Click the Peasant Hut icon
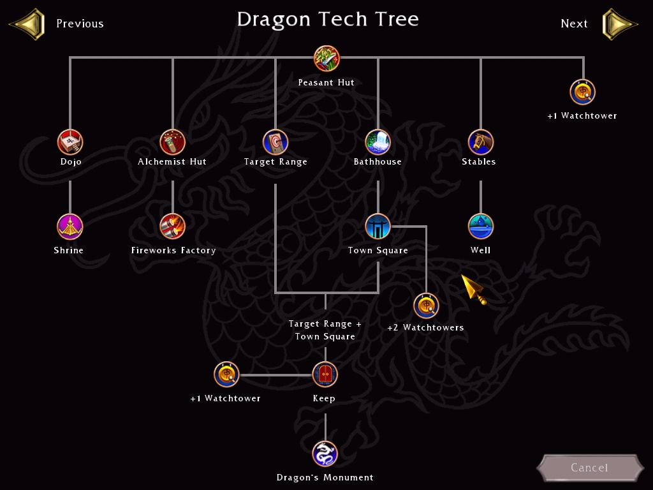click(x=326, y=59)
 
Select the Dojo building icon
click(x=70, y=142)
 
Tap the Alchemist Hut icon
click(x=172, y=142)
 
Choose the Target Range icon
click(x=275, y=142)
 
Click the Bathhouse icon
click(x=378, y=142)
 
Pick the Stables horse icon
click(x=480, y=142)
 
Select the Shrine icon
click(x=70, y=226)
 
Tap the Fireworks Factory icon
click(x=172, y=226)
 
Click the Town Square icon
click(x=378, y=226)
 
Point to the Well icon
click(x=480, y=226)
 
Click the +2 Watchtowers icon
click(x=426, y=306)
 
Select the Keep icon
click(x=325, y=375)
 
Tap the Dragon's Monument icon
click(x=325, y=454)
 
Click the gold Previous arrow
click(x=27, y=24)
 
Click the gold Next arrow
click(x=619, y=24)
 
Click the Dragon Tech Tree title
click(x=327, y=19)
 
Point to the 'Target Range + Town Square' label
click(x=325, y=330)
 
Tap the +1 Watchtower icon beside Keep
click(x=226, y=375)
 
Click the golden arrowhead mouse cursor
click(x=474, y=289)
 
